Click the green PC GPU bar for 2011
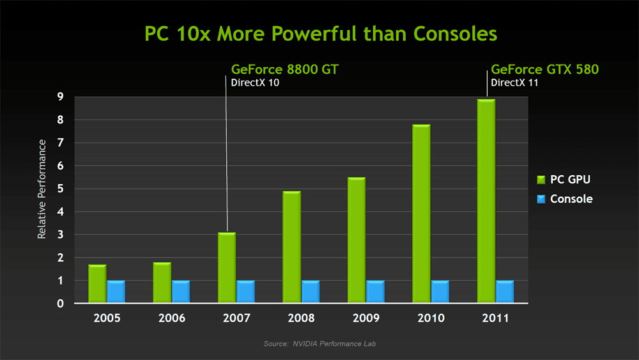[486, 201]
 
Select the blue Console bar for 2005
[116, 292]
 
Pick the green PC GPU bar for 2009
[357, 240]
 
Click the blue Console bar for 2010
[440, 292]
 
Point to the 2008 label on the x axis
[301, 318]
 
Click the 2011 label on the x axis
[495, 318]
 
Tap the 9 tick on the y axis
[59, 97]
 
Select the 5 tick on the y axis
[59, 189]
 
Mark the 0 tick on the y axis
[59, 304]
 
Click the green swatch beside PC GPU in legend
[540, 180]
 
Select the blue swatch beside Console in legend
[540, 200]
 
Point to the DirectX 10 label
[255, 82]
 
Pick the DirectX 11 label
[515, 82]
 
